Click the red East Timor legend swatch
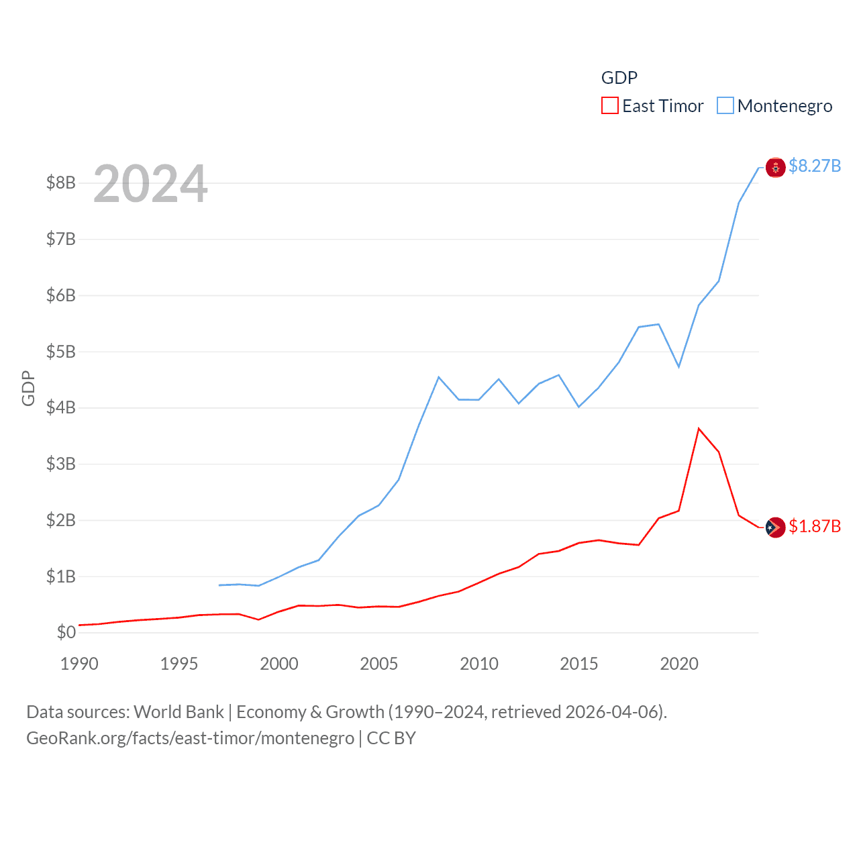(609, 106)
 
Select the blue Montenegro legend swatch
(725, 106)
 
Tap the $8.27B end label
(815, 166)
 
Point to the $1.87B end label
(815, 526)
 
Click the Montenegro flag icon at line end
(775, 168)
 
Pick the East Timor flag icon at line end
(775, 527)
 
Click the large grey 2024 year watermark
(150, 184)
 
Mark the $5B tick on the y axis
(60, 352)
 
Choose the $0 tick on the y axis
(66, 632)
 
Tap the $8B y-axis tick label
(60, 183)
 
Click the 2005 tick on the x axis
(378, 664)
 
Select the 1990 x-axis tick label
(79, 664)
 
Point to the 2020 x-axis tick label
(679, 664)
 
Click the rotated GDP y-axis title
(28, 388)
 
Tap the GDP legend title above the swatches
(619, 78)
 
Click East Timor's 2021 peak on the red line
(699, 428)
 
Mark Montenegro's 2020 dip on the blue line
(679, 366)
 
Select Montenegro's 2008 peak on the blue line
(439, 377)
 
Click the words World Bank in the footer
(179, 712)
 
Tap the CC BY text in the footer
(391, 738)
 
